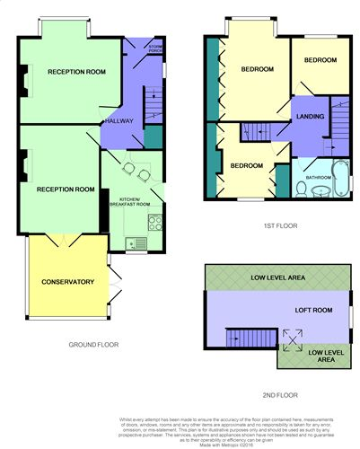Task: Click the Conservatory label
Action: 67,282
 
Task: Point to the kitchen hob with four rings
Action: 154,221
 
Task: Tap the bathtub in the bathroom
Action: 341,176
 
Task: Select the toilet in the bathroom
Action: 302,189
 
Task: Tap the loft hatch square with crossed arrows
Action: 293,339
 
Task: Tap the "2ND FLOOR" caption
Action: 280,394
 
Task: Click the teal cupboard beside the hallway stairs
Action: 154,136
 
